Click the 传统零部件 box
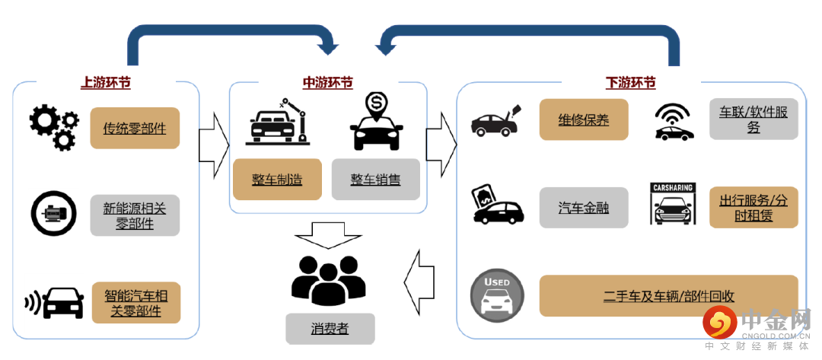point(135,128)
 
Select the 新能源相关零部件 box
point(135,214)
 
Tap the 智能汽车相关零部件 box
point(136,302)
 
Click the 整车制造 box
point(277,180)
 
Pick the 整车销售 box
point(375,180)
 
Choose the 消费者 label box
point(330,328)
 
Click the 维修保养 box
point(584,119)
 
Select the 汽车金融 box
point(584,207)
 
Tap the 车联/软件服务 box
point(753,119)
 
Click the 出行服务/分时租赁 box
point(753,207)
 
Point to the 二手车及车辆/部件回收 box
point(668,296)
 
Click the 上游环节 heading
point(106,82)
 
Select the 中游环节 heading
point(327,82)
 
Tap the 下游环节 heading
point(630,82)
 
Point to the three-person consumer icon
point(329,279)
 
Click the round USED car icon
point(497,296)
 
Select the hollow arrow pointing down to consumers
point(329,234)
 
